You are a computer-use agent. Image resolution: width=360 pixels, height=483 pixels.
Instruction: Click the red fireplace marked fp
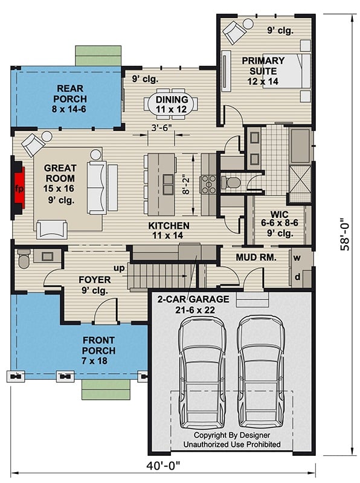19,187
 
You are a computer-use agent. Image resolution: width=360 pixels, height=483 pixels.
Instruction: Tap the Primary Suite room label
263,66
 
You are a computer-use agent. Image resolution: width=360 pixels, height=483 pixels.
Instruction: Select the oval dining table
172,104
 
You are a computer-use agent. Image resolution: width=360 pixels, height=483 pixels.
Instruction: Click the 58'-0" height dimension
344,234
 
